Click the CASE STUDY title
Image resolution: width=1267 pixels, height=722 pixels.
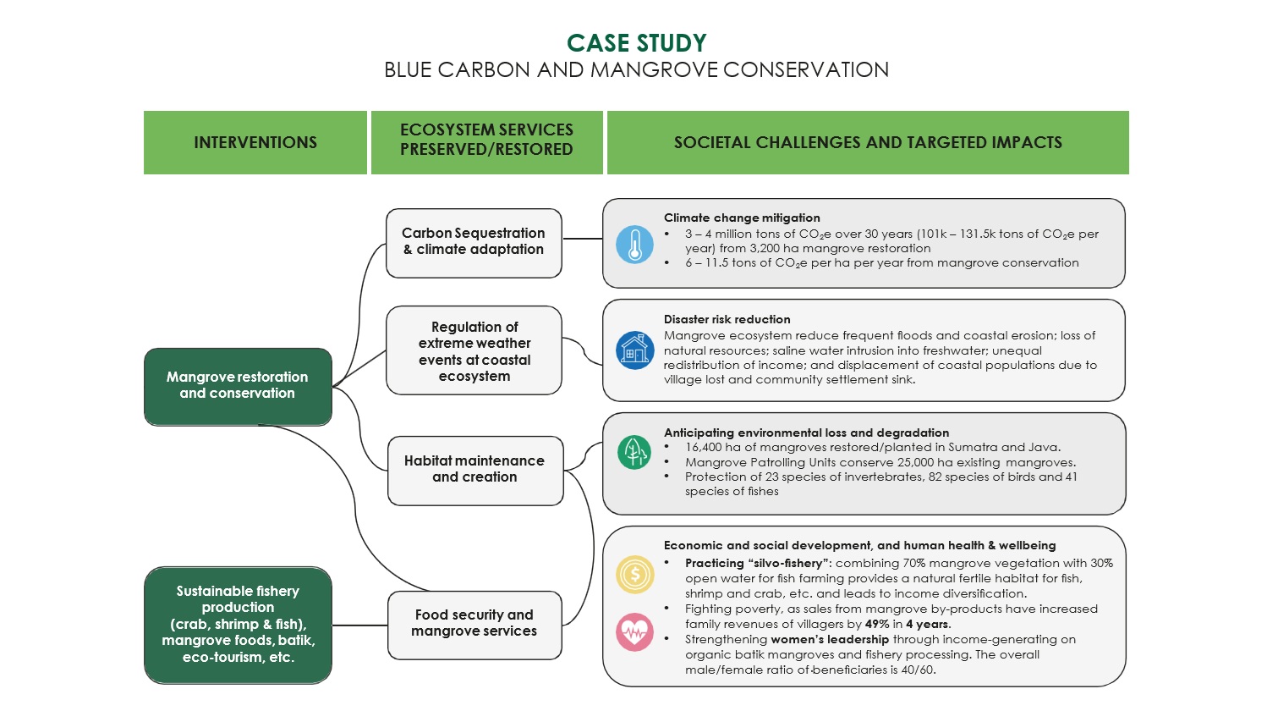(x=636, y=43)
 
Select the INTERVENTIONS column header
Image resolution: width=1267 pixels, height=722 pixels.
(x=255, y=142)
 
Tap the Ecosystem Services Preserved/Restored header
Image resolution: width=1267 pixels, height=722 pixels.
(x=486, y=142)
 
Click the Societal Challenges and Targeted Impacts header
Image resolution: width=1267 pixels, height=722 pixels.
(x=868, y=142)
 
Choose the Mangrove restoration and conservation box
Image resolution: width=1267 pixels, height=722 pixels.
(x=238, y=387)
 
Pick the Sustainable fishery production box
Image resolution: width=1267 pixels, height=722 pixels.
(x=238, y=625)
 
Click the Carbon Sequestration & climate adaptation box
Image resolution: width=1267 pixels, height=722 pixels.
(x=474, y=243)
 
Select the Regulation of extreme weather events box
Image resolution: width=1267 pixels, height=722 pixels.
(x=474, y=350)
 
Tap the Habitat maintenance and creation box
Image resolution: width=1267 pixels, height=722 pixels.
(x=475, y=471)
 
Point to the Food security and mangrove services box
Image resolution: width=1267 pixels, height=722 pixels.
(x=474, y=625)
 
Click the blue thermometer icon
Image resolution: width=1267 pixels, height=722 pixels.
(x=634, y=245)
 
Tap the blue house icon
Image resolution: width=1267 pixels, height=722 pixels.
(x=634, y=350)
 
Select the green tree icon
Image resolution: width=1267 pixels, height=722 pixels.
(x=634, y=451)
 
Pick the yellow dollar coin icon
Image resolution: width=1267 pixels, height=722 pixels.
(x=634, y=575)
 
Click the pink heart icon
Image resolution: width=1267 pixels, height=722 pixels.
(x=634, y=632)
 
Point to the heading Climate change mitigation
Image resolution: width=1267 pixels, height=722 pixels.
(x=742, y=218)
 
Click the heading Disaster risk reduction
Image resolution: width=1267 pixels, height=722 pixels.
(x=727, y=319)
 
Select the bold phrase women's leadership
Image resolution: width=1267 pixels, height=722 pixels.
(x=830, y=639)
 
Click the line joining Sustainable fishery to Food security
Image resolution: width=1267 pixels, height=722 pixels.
(x=359, y=626)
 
